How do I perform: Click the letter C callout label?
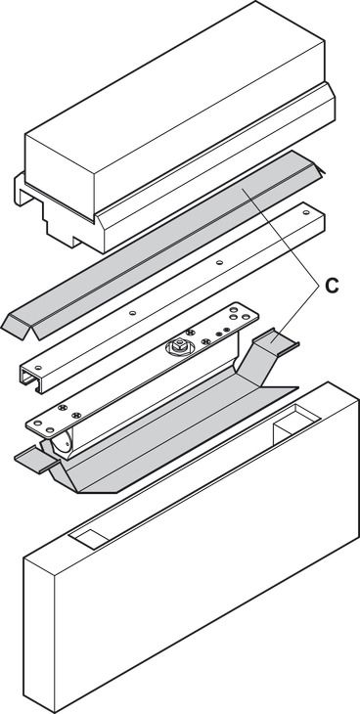[x=332, y=286]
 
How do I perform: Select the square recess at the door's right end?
[x=296, y=420]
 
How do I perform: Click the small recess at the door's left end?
[x=92, y=536]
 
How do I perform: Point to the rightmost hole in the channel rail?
[x=306, y=211]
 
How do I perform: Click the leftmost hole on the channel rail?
[x=38, y=367]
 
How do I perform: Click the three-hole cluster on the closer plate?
[x=236, y=313]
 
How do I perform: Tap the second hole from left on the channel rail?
[x=132, y=313]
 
